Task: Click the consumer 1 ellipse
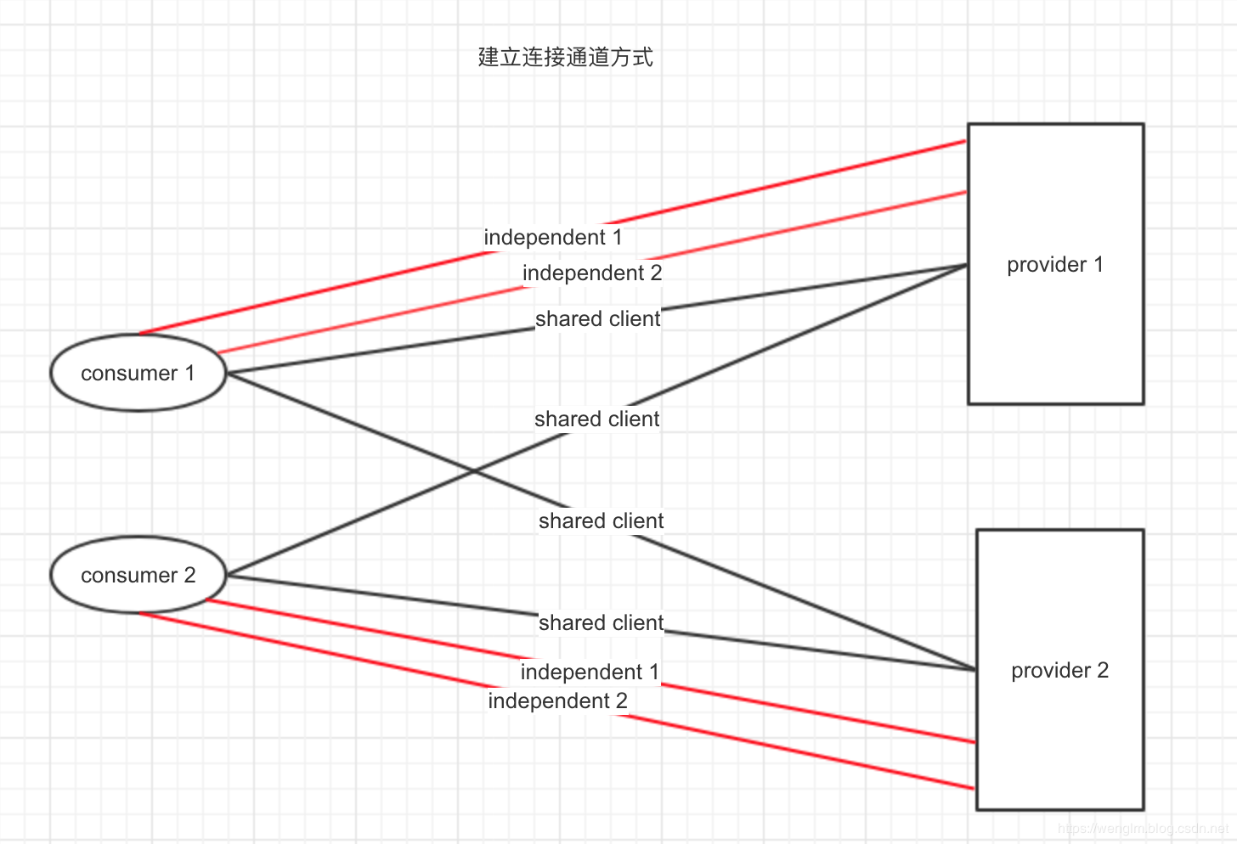click(x=138, y=373)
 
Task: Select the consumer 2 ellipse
click(x=138, y=575)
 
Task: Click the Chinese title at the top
click(x=566, y=57)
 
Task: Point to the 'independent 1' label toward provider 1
click(x=553, y=237)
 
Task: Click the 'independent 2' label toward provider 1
click(x=592, y=273)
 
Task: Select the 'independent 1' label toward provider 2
click(x=590, y=672)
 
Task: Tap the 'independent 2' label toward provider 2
click(x=557, y=701)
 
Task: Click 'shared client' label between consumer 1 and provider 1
click(x=597, y=318)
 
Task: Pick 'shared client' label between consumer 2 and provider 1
click(x=596, y=419)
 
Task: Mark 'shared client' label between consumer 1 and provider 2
click(x=601, y=520)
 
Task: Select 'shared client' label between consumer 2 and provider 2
click(x=601, y=622)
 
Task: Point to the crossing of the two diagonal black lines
click(x=474, y=471)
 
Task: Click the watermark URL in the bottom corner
click(x=1143, y=828)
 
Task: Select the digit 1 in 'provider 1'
click(x=1099, y=265)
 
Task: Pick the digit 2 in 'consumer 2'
click(x=189, y=575)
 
